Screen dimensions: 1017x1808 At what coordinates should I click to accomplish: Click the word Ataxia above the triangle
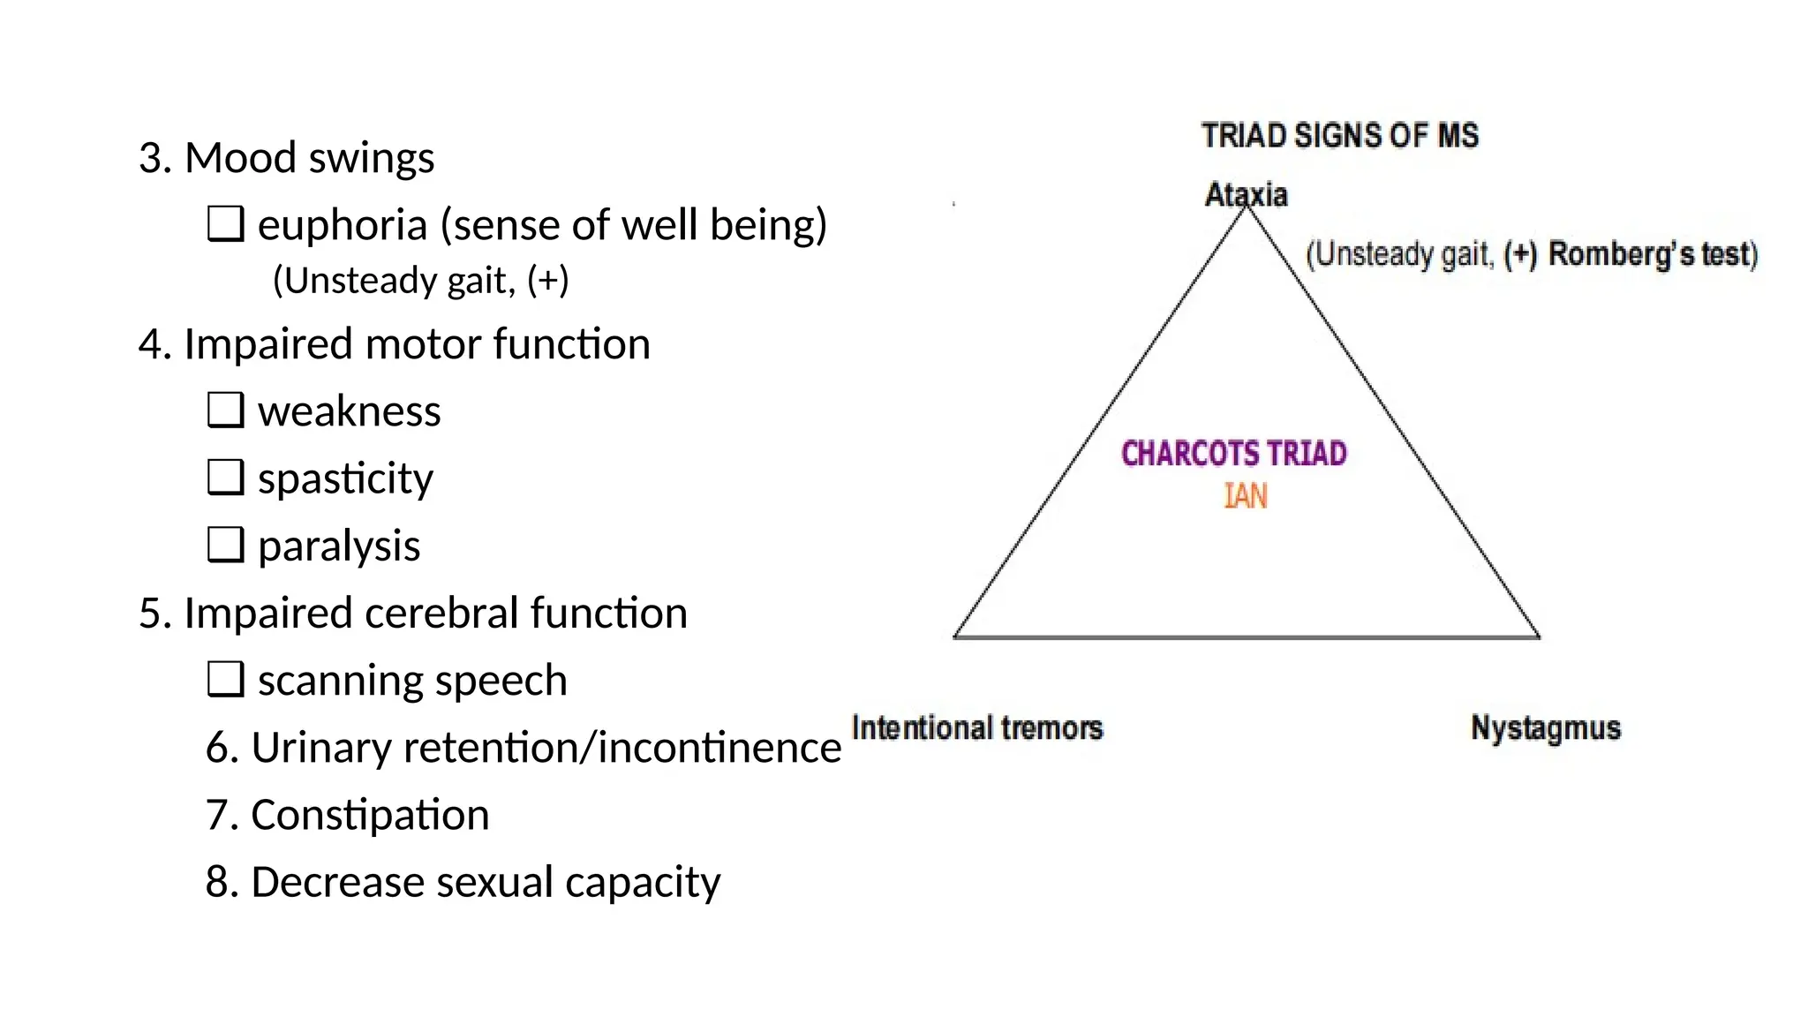pos(1246,194)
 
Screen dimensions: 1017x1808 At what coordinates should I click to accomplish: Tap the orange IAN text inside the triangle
pos(1246,496)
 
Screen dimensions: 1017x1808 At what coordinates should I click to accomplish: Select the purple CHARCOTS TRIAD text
pos(1233,454)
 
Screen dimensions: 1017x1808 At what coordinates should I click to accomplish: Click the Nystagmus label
pos(1545,729)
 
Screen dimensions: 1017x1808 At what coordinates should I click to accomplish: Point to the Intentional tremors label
pos(976,728)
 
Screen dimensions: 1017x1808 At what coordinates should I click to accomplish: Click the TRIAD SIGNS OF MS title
pos(1339,136)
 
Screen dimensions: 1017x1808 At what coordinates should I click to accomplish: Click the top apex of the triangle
pos(1247,208)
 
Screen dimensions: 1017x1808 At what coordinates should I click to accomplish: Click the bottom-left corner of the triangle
pos(956,636)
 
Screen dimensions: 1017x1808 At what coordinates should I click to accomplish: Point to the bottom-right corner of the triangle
pos(1538,636)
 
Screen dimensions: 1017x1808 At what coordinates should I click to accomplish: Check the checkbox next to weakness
pos(225,411)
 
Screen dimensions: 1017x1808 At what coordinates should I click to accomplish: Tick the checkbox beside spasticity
pos(225,478)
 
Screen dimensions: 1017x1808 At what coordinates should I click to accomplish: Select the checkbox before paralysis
pos(225,545)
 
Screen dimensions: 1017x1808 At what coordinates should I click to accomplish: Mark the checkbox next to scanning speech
pos(225,680)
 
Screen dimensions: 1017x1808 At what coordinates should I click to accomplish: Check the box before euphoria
pos(225,224)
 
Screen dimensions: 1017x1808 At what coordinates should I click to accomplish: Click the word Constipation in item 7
pos(369,815)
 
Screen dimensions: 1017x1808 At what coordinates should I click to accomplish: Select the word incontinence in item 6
pos(719,748)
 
